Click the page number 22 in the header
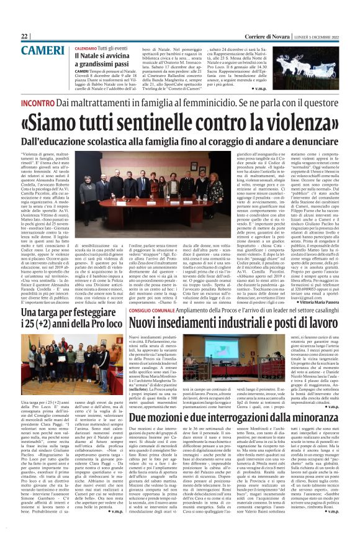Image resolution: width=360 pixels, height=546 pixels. coord(24,37)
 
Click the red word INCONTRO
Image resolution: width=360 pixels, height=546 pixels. coord(38,101)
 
